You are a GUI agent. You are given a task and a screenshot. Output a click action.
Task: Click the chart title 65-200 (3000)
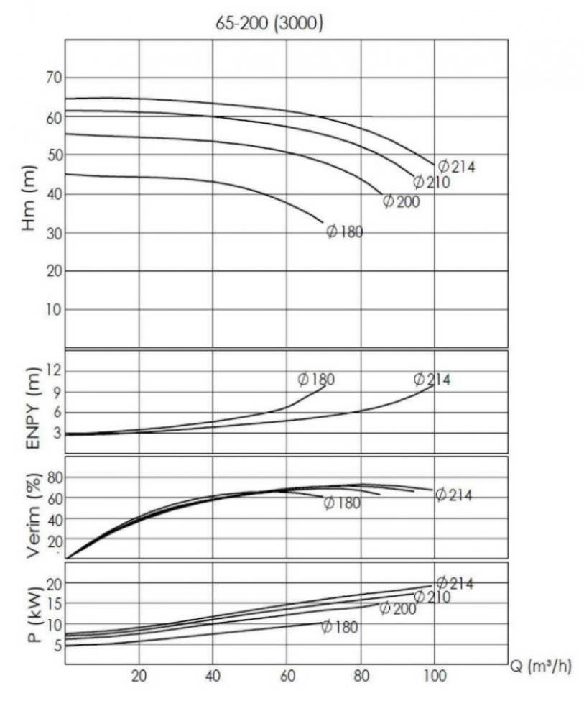point(269,22)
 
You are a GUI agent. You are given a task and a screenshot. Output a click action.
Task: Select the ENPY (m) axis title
point(32,408)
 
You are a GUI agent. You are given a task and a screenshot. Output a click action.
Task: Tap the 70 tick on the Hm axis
point(55,78)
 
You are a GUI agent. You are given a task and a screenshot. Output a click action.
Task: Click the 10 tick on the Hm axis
point(55,309)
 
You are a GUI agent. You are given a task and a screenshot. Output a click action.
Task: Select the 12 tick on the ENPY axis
point(55,370)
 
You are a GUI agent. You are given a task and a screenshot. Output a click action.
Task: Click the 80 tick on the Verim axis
point(55,477)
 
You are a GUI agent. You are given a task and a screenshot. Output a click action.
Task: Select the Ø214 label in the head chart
point(457,166)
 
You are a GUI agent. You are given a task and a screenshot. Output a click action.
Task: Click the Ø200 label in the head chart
point(401,201)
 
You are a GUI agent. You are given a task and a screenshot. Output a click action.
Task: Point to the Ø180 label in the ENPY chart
point(316,380)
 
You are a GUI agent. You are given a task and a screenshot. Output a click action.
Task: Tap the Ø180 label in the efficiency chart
point(342,503)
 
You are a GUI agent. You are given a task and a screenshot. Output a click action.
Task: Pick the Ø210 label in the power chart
point(432,597)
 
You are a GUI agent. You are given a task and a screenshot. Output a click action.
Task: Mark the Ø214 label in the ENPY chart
point(432,380)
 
